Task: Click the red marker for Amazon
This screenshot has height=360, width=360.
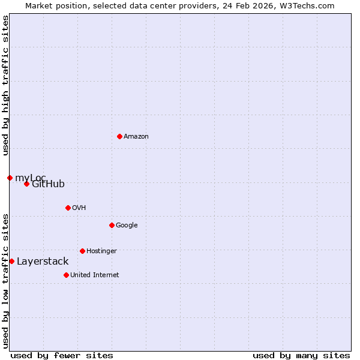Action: point(119,136)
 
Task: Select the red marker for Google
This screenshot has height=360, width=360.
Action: point(112,225)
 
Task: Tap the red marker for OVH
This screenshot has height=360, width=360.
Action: point(68,208)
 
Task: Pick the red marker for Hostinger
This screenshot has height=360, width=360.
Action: point(82,251)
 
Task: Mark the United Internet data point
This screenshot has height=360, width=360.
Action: point(66,275)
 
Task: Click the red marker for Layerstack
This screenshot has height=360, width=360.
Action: point(11,261)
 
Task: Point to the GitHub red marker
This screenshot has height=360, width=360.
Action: point(26,184)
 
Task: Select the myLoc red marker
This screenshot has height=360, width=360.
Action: point(10,178)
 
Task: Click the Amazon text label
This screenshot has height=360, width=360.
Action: point(136,136)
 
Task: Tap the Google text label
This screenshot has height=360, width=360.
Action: point(127,225)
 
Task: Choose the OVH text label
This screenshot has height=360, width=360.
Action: point(79,208)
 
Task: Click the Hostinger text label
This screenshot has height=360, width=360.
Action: point(101,251)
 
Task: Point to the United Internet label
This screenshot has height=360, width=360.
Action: point(94,275)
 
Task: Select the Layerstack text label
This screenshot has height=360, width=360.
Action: point(43,261)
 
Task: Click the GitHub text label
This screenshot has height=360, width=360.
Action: point(48,184)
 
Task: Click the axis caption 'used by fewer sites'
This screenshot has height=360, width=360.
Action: point(62,355)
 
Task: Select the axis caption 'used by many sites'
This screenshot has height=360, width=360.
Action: point(301,355)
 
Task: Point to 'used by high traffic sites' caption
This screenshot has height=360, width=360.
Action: point(5,85)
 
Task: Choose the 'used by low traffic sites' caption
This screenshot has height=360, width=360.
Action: point(5,281)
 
